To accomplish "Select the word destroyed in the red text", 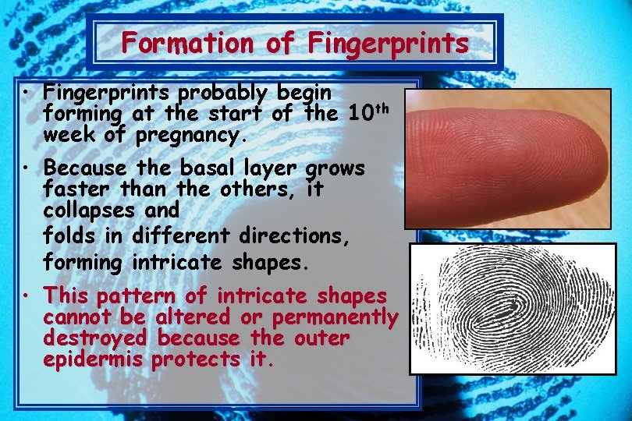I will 94,338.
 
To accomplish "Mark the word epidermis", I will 94,360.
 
